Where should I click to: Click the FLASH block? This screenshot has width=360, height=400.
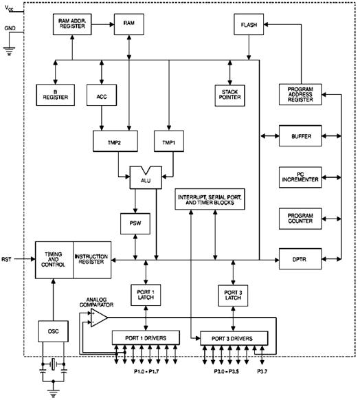click(249, 25)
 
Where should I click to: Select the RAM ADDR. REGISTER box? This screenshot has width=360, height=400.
click(72, 25)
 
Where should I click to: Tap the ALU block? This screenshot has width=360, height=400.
click(146, 178)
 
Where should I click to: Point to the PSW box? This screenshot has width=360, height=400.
click(135, 224)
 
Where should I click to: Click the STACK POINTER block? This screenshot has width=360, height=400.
click(230, 96)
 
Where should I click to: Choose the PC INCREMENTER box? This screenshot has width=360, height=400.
click(300, 177)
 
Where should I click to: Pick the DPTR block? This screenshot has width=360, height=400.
click(300, 259)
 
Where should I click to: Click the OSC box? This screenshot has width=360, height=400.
click(54, 331)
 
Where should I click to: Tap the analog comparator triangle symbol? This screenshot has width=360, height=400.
click(99, 318)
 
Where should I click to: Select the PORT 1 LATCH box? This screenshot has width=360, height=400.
click(146, 295)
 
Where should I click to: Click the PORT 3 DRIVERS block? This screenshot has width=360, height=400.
click(234, 339)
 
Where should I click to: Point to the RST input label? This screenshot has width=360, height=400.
click(6, 259)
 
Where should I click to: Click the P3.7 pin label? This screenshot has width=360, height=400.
click(262, 371)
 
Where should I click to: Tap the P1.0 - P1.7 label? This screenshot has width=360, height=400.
click(146, 371)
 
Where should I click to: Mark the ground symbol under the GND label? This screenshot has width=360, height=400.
click(10, 52)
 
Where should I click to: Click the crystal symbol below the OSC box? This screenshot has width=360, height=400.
click(53, 364)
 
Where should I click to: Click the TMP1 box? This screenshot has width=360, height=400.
click(169, 142)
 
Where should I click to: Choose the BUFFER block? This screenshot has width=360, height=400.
click(300, 136)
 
